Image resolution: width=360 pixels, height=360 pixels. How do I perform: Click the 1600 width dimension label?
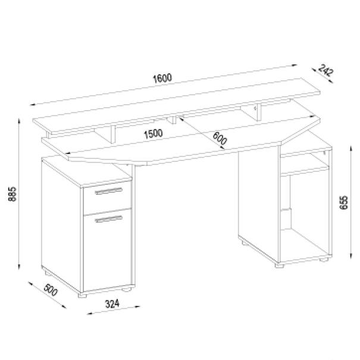162,78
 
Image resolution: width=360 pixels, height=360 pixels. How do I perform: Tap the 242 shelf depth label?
325,70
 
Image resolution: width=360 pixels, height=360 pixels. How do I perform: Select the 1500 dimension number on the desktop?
154,134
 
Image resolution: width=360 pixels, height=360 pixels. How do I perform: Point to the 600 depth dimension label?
220,138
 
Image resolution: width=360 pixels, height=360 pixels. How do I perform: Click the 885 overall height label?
12,194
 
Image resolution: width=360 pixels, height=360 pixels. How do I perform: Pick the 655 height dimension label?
343,202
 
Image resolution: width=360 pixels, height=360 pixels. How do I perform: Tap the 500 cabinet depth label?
51,290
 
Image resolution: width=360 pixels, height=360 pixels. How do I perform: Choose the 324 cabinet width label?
112,303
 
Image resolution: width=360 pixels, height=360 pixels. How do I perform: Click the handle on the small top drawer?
109,191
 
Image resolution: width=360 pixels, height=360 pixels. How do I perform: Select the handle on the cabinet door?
109,219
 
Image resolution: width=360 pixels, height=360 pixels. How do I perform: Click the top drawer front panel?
107,198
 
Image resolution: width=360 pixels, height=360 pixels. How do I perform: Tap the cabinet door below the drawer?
107,251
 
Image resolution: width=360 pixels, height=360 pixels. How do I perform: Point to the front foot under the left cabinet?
82,295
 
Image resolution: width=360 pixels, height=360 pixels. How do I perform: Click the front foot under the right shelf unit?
280,265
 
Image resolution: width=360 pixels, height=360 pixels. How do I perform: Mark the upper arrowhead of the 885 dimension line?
19,121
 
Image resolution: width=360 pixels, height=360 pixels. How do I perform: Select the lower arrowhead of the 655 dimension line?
351,256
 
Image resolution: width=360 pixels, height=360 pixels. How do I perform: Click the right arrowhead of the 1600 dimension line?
294,65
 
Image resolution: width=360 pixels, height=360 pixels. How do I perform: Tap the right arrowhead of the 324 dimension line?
137,306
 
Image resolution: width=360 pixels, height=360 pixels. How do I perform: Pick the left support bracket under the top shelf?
105,136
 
